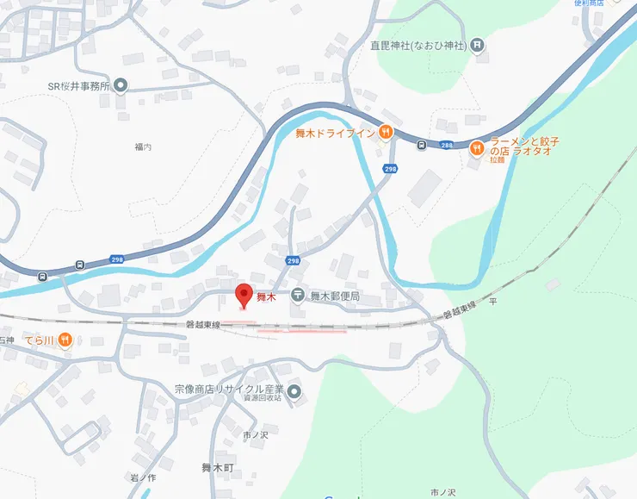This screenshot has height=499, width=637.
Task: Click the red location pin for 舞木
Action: pos(244,294)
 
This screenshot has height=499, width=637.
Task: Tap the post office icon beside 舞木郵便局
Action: pos(297,296)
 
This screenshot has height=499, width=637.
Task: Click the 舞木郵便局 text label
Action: pos(334,296)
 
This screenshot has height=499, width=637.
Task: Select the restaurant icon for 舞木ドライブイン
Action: pos(387,132)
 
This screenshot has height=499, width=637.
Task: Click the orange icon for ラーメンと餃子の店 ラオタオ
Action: pos(476,149)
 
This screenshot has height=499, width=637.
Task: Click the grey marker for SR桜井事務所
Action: pos(121,85)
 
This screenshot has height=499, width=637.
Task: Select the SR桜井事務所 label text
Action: pos(79,86)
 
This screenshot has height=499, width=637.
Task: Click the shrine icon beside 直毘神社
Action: pos(478,45)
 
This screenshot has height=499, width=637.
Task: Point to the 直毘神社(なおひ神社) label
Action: pos(417,45)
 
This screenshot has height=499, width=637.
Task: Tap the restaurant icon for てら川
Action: pos(66,340)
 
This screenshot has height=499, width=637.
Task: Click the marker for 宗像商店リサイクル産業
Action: pos(294,393)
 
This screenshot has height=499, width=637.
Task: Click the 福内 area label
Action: pos(143,148)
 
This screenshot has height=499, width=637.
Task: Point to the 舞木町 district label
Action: pos(218,468)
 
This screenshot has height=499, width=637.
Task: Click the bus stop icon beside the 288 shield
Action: pos(421,145)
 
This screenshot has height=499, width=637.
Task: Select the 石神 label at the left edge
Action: pos(7,340)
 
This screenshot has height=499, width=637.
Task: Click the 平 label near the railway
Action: pos(493,302)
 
